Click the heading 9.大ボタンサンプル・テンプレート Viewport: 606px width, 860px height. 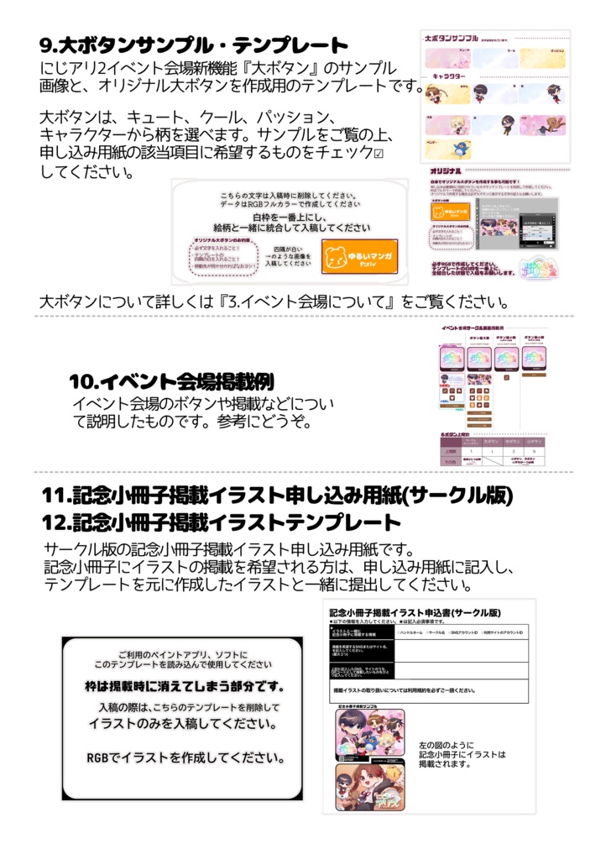click(193, 45)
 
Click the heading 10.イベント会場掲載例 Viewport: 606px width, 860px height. click(171, 381)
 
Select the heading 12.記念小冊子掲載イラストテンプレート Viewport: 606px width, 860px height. click(222, 522)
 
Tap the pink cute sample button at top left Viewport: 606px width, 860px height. click(446, 58)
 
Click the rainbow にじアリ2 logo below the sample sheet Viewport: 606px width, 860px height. click(545, 269)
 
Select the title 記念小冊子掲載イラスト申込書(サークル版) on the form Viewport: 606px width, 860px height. click(415, 613)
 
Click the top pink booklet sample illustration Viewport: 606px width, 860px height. click(369, 735)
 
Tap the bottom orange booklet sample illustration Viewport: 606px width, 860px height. click(369, 787)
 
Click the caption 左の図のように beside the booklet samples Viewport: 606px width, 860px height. click(446, 745)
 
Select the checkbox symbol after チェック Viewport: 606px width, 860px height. click(378, 154)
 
